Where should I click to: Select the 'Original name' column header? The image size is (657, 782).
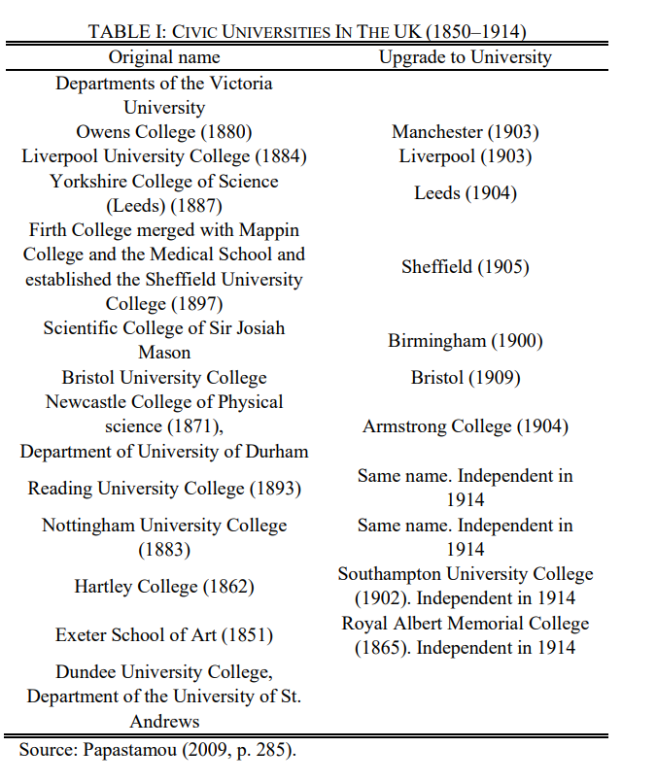(163, 57)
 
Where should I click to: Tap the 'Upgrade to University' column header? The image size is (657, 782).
(465, 57)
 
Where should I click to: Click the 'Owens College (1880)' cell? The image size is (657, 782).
(163, 132)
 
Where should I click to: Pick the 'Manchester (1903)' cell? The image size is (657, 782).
(465, 132)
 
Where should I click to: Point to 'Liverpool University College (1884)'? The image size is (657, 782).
(163, 156)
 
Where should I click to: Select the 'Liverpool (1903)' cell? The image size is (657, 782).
(465, 156)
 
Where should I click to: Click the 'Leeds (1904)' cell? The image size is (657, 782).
(465, 193)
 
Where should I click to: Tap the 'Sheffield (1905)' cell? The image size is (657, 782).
(465, 267)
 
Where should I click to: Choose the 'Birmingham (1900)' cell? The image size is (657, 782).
(465, 341)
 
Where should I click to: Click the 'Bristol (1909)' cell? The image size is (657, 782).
(465, 378)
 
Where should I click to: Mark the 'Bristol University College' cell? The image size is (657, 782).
(163, 378)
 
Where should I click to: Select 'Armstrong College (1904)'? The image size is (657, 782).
(465, 426)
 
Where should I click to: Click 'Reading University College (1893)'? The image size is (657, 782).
(163, 489)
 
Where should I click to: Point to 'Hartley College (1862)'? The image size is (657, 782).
(163, 587)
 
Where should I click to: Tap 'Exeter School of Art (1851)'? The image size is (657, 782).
(163, 635)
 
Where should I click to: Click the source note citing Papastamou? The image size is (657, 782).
(156, 750)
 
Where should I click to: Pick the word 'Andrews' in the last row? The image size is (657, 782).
(163, 722)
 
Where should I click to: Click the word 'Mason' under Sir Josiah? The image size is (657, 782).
(163, 353)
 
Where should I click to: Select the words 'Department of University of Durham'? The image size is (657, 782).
(163, 452)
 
